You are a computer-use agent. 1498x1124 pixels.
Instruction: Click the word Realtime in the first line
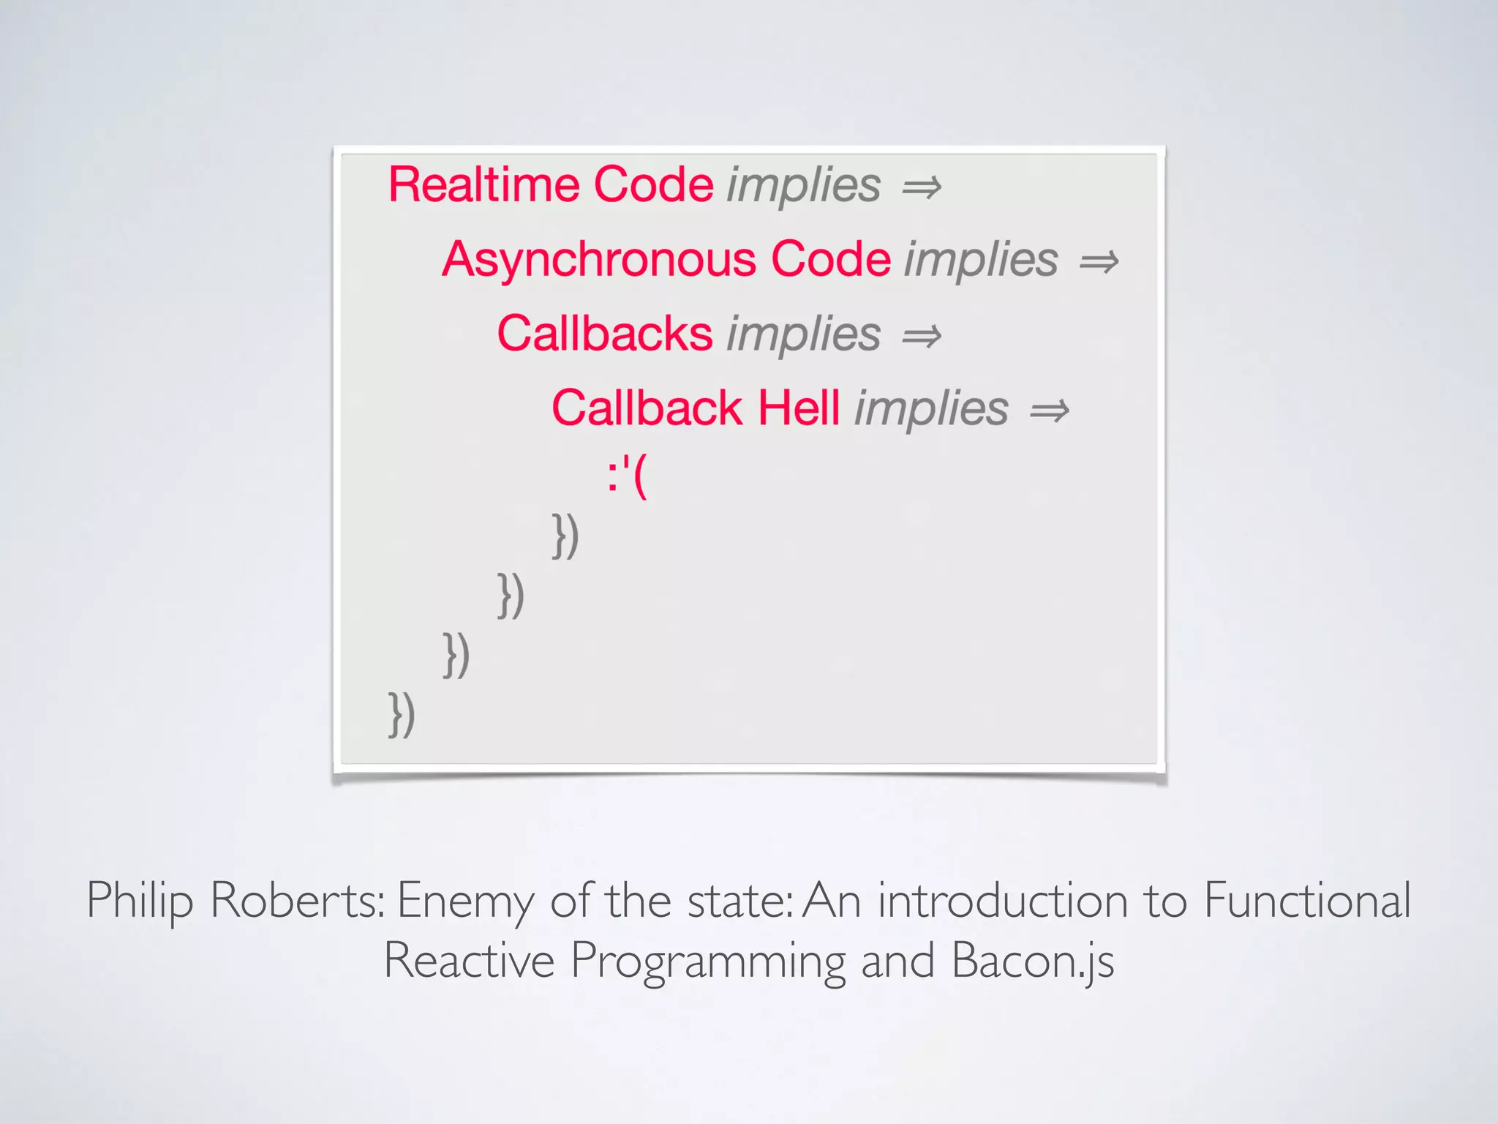483,184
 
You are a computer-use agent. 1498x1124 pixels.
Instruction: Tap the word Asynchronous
599,259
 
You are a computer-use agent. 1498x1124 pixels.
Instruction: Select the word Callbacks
605,334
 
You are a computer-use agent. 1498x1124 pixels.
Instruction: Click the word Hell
799,408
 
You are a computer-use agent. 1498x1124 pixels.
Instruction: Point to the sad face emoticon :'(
628,476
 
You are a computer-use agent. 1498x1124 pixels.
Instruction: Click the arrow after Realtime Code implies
922,187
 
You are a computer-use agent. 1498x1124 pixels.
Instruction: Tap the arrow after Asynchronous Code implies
1099,262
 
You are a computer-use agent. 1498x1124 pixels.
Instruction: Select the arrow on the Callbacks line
922,337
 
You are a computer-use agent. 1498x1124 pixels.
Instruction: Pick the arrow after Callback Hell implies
1050,411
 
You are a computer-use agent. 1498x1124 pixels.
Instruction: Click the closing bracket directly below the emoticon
565,536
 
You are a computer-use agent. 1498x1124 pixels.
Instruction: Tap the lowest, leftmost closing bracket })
402,714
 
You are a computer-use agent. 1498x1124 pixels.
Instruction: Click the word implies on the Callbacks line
803,334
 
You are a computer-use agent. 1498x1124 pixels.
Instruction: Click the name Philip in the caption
140,901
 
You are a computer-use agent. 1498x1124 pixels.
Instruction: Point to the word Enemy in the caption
465,901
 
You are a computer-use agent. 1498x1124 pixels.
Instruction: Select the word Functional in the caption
1307,899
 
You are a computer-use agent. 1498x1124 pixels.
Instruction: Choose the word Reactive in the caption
469,959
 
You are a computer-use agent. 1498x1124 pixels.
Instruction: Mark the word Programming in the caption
707,961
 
